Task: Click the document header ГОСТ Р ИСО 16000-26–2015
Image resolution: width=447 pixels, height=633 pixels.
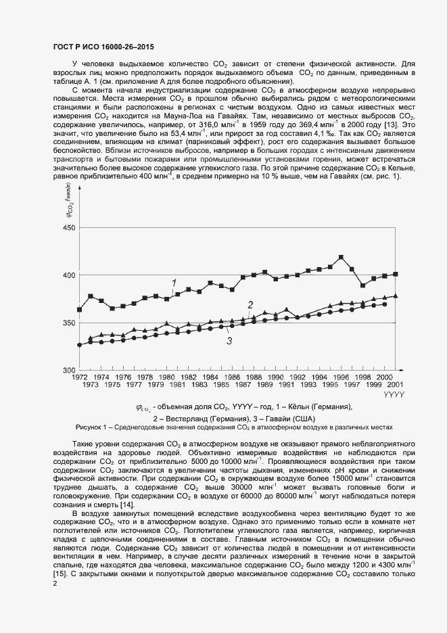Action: pyautogui.click(x=103, y=47)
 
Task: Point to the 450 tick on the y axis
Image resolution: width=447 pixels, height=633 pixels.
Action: pyautogui.click(x=69, y=228)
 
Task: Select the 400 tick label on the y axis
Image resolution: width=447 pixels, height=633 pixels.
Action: pyautogui.click(x=69, y=275)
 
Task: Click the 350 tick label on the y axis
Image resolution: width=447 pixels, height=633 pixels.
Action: pyautogui.click(x=69, y=323)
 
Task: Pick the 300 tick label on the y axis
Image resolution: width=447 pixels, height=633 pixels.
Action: pyautogui.click(x=69, y=370)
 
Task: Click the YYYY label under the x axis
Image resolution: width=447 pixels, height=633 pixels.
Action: pyautogui.click(x=394, y=394)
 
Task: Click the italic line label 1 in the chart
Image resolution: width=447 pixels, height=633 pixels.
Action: pyautogui.click(x=174, y=283)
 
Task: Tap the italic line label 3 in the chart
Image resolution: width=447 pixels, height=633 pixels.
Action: pyautogui.click(x=229, y=341)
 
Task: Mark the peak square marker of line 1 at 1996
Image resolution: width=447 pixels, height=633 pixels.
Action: pyautogui.click(x=341, y=258)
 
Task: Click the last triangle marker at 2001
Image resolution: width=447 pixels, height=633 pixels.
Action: pyautogui.click(x=396, y=296)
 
